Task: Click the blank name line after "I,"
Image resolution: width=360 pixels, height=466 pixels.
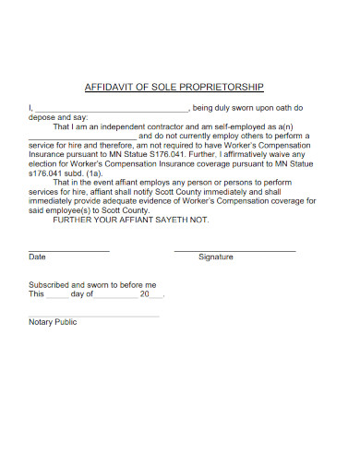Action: coord(110,110)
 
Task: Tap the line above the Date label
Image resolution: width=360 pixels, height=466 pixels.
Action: coord(69,251)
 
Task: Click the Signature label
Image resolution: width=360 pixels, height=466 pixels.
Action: coord(216,257)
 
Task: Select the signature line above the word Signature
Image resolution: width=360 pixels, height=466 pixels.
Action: coord(234,251)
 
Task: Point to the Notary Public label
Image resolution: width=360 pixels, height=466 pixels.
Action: coord(54,322)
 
